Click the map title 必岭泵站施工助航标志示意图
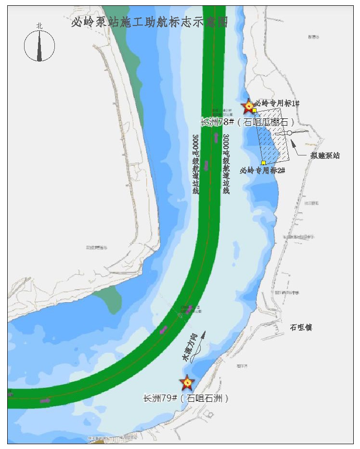point(149,22)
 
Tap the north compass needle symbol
point(39,46)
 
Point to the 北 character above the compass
point(39,26)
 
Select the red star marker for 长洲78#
point(248,106)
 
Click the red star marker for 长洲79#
point(186,383)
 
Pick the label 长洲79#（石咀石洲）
point(185,398)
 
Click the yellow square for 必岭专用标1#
point(254,111)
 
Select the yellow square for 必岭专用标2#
point(263,163)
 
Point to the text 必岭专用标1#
point(278,103)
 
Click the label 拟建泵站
point(325,155)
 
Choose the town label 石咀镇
point(301,327)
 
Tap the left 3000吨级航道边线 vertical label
point(195,164)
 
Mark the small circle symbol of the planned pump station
point(290,133)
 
